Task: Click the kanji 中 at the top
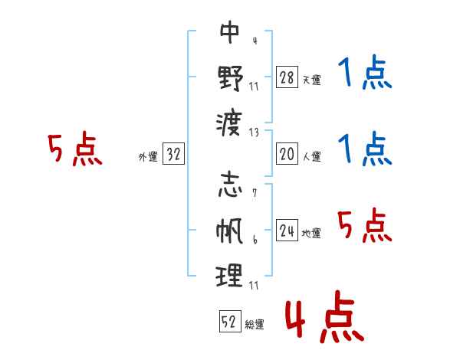(x=230, y=32)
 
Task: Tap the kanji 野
(x=230, y=78)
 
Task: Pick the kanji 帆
(x=229, y=231)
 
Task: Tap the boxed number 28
(x=287, y=77)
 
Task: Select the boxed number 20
(x=287, y=154)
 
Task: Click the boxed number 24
(x=287, y=230)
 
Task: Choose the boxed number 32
(x=173, y=154)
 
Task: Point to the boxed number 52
(x=230, y=321)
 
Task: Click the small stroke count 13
(x=254, y=133)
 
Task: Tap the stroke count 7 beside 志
(x=255, y=193)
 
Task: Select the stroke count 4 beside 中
(x=255, y=41)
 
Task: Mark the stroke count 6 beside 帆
(x=255, y=240)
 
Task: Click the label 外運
(x=148, y=157)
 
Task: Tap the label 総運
(x=255, y=325)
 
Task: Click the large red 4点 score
(x=325, y=317)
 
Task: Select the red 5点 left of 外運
(x=75, y=149)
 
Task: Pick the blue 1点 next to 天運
(x=365, y=72)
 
